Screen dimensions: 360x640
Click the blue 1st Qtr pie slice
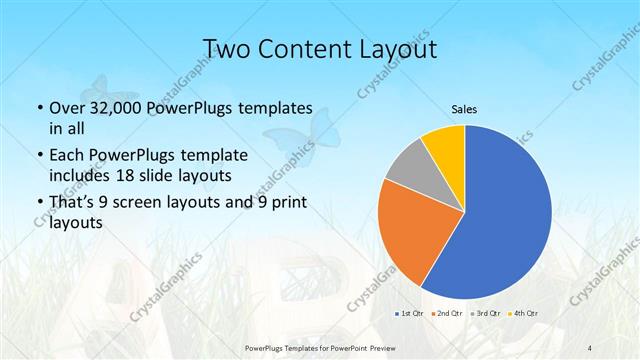pos(500,215)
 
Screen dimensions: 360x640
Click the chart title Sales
pos(464,108)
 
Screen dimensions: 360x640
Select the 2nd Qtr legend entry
pos(445,314)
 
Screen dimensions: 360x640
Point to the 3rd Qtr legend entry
pos(484,314)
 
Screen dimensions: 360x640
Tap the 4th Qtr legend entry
pos(522,314)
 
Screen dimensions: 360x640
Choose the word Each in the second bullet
pos(67,156)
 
